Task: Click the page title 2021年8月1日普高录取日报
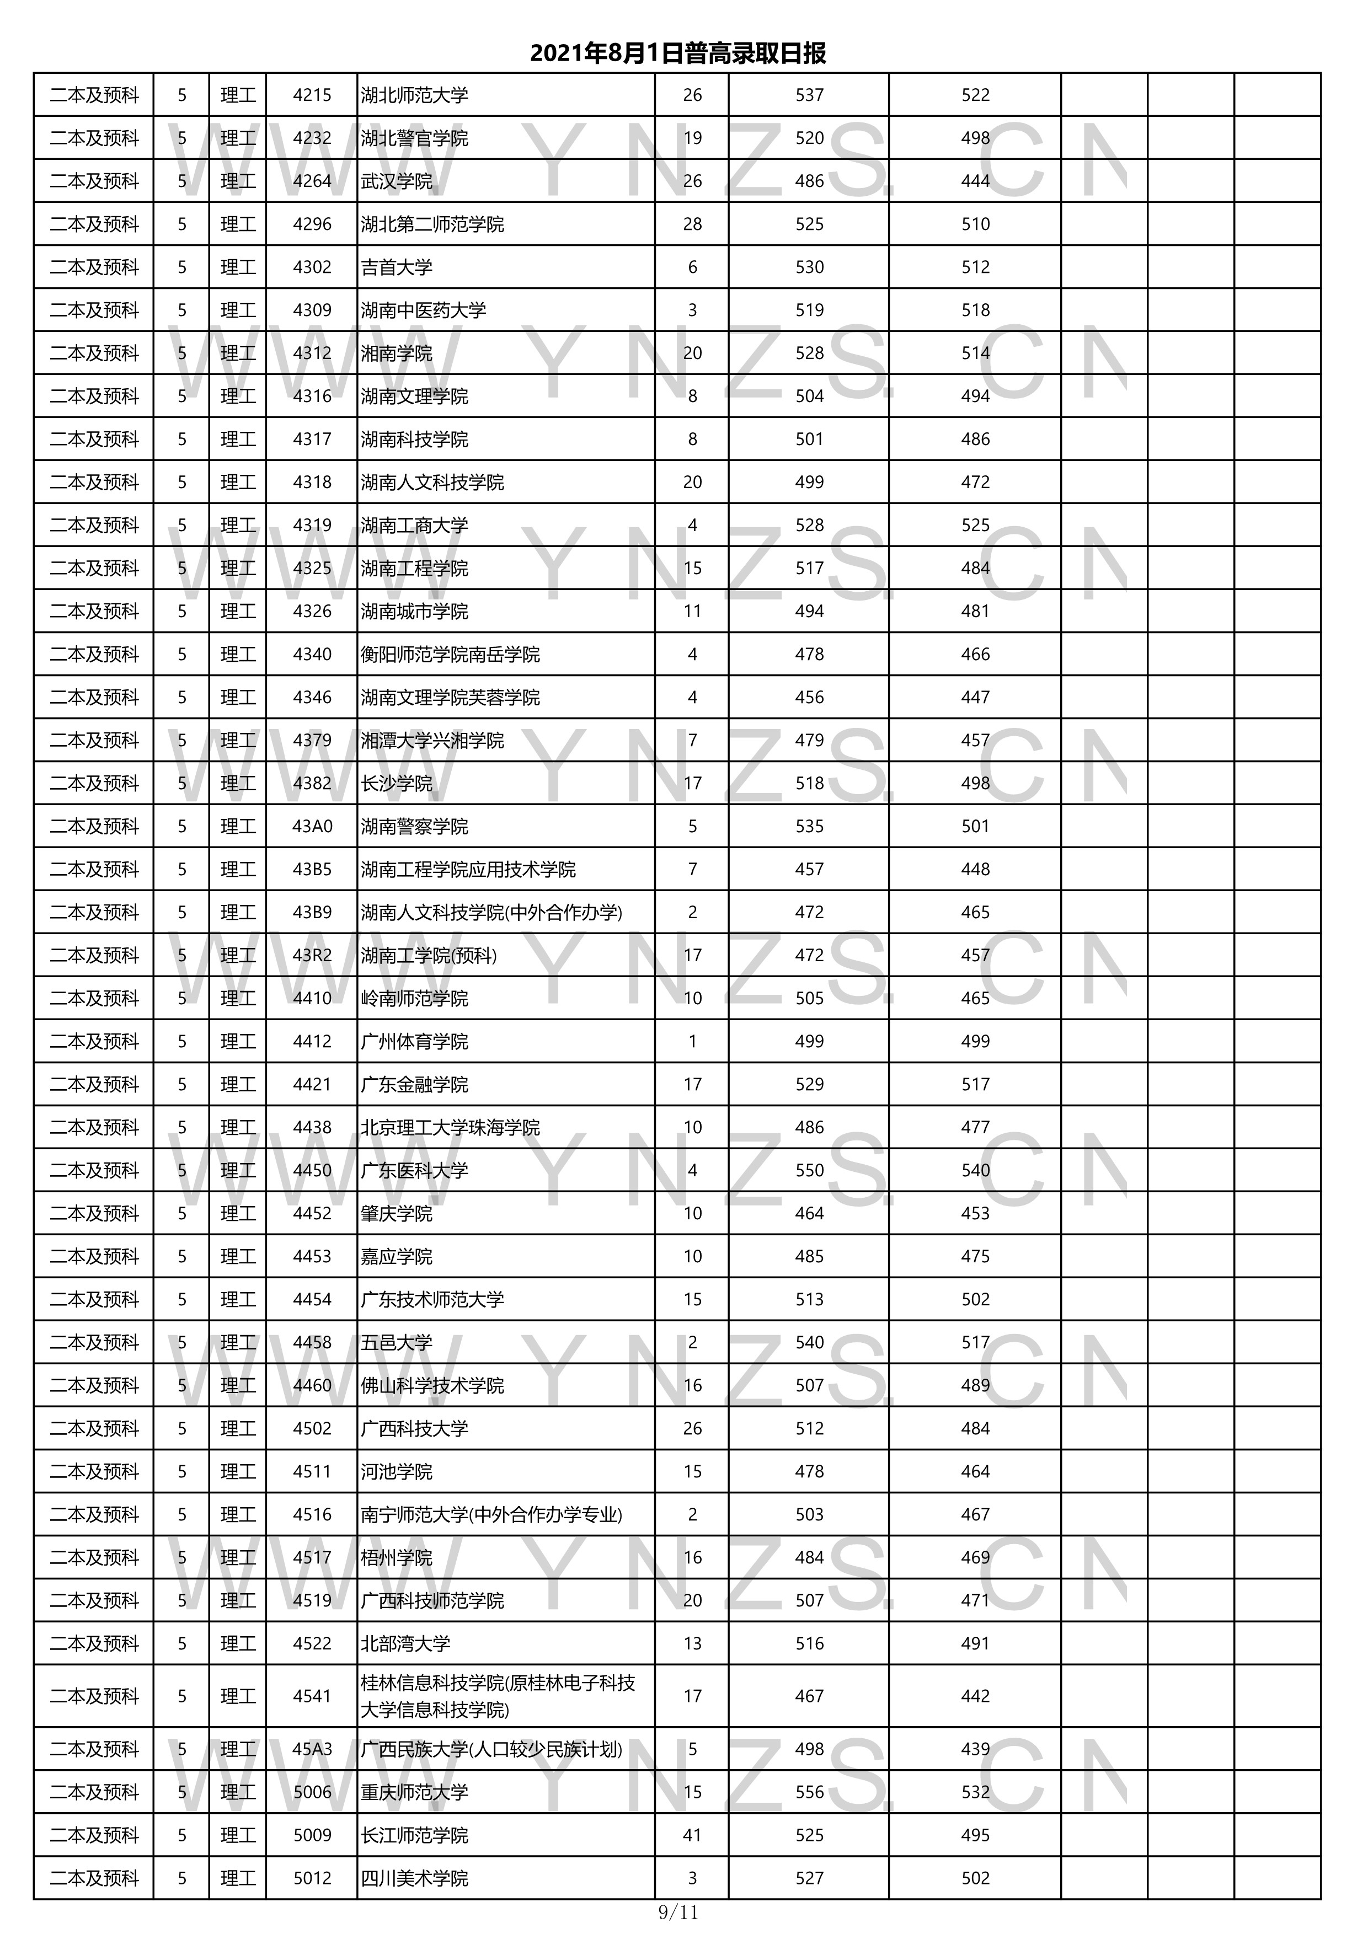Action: coord(677,53)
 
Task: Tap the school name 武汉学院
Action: coord(397,181)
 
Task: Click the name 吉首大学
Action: coord(397,267)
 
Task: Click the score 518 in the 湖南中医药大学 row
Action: coord(975,310)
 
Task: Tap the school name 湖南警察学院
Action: coord(414,826)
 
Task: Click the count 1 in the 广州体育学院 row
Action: coord(692,1041)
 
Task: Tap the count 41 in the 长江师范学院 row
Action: coord(692,1835)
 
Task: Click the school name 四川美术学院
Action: coord(414,1878)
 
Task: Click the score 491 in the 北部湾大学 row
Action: coord(975,1643)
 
